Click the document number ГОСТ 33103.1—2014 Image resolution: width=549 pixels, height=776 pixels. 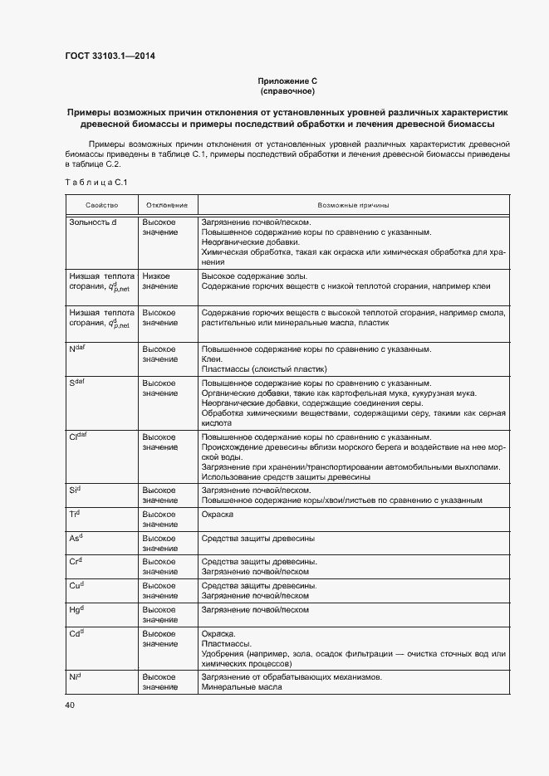(110, 56)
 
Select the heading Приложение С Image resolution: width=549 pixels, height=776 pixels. (287, 81)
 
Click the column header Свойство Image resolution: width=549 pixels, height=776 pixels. (101, 205)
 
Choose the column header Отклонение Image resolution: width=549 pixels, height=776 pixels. (167, 205)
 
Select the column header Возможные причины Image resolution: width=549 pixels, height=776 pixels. (353, 205)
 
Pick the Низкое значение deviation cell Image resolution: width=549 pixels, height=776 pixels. (159, 281)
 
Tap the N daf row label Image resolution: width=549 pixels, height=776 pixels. (77, 349)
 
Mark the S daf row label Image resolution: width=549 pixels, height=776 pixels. (77, 383)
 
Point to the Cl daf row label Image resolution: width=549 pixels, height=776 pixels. (79, 437)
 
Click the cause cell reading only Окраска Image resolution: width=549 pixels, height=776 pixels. (218, 515)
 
